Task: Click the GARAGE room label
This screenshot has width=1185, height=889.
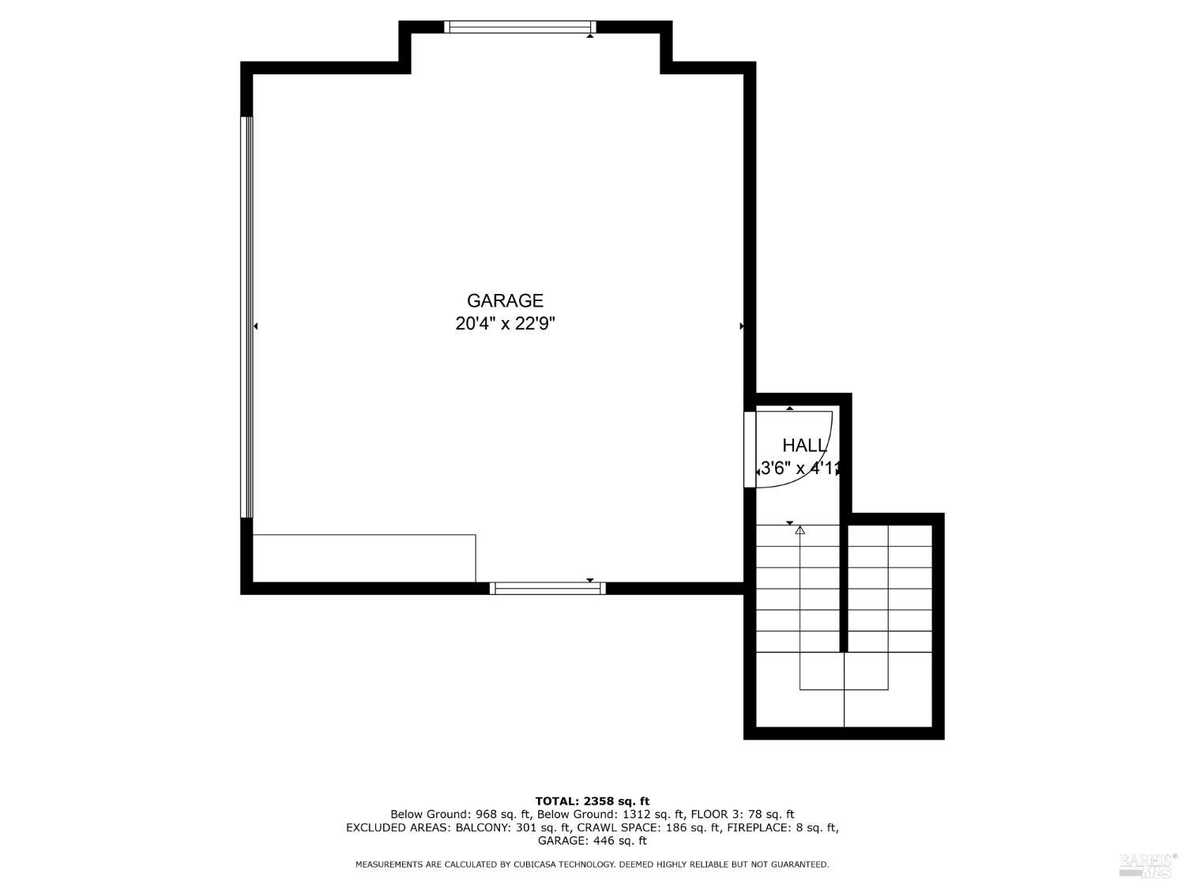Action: click(505, 300)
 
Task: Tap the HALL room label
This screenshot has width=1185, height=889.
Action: click(804, 445)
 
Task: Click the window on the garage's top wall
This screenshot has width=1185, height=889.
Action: click(519, 27)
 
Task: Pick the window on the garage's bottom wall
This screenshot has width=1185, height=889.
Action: click(547, 588)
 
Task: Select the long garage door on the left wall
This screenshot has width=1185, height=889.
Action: click(247, 317)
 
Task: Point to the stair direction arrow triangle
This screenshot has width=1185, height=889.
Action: click(800, 530)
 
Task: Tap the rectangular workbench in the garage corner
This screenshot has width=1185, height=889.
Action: click(364, 558)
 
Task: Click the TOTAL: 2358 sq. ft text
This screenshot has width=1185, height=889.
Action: click(592, 800)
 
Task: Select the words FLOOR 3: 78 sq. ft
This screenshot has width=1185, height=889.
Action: click(743, 814)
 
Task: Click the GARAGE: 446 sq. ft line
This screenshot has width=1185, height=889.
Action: click(592, 841)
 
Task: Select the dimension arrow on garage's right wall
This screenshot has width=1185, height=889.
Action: click(741, 326)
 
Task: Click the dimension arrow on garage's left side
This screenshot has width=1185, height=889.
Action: click(255, 326)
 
